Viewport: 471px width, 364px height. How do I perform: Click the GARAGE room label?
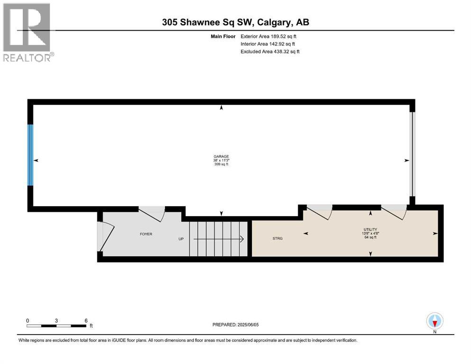click(221, 156)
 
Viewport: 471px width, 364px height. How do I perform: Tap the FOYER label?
click(146, 234)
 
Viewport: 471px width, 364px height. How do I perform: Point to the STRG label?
click(277, 238)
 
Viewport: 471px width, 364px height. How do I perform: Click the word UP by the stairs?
click(181, 239)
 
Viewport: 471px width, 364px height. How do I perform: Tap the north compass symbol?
click(434, 321)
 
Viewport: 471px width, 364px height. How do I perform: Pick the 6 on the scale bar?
click(86, 320)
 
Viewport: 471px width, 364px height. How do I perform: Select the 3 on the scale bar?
click(56, 320)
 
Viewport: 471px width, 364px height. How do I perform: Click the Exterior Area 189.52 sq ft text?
click(268, 36)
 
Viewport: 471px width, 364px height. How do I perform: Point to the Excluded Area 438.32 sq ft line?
click(270, 51)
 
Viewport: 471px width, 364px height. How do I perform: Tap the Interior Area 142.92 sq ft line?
click(268, 44)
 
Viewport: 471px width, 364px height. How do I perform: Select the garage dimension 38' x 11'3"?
click(221, 160)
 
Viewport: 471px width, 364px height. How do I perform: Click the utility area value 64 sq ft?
click(369, 237)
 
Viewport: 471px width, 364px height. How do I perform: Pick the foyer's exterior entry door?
click(107, 236)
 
